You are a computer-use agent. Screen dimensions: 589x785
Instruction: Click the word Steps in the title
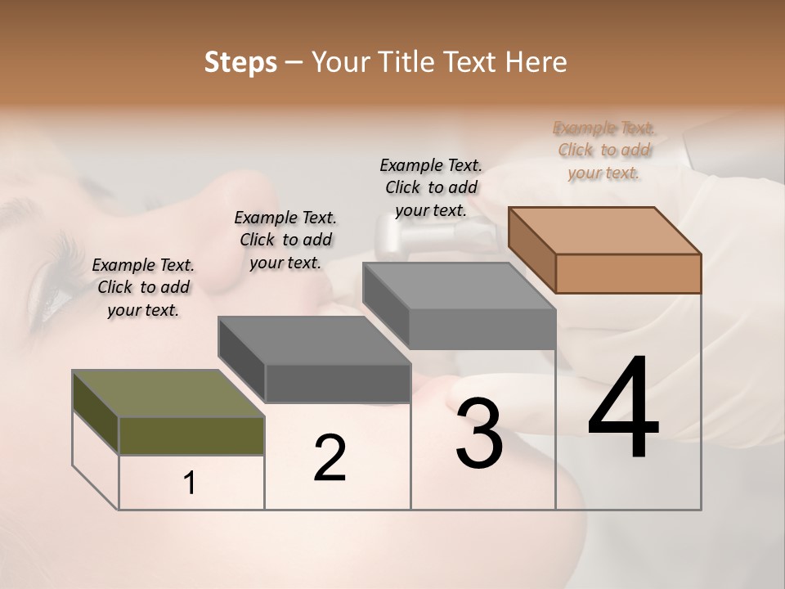point(240,62)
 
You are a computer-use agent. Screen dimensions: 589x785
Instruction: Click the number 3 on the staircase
point(479,433)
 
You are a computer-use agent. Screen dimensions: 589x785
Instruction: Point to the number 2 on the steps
point(330,458)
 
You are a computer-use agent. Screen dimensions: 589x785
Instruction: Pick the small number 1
point(190,483)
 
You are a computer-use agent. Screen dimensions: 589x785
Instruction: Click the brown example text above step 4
point(604,151)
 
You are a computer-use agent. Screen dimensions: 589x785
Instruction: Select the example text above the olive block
point(143,287)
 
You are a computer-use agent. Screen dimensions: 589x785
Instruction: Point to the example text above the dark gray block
point(285,240)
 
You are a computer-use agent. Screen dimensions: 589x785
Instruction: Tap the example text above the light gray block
point(431,187)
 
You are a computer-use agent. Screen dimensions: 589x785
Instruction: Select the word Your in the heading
point(339,62)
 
